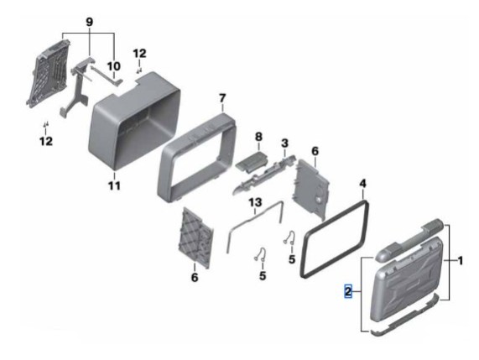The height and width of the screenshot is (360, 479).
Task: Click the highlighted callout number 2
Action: (348, 291)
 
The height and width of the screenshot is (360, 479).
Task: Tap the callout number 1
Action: (460, 261)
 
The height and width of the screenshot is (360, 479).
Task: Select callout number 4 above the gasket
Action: (362, 184)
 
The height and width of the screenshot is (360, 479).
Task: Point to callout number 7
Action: (222, 98)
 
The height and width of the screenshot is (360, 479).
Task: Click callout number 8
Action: (258, 136)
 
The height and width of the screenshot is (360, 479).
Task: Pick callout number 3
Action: (284, 143)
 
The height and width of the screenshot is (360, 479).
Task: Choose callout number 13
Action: (255, 202)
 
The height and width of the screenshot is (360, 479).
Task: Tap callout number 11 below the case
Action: (114, 185)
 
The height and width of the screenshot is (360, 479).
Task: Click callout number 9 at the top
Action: (89, 22)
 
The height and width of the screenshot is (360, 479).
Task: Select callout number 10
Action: (113, 66)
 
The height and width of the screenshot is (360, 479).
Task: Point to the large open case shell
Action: (134, 121)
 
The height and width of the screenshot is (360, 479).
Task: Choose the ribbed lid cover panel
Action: (406, 279)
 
